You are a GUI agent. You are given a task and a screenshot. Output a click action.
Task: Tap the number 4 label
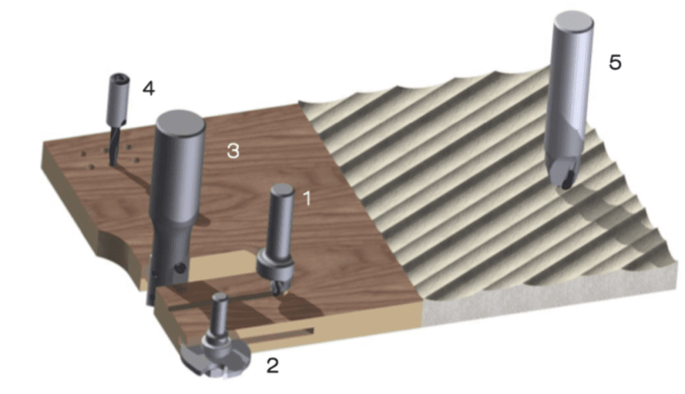coord(149,87)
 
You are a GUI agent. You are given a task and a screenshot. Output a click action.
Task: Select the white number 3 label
coord(232,151)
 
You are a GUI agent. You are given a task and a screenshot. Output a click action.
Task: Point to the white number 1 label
coord(306,198)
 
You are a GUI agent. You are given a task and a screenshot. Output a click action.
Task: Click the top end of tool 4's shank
coord(120,79)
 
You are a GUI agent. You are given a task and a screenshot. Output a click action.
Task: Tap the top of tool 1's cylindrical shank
coord(281,190)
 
